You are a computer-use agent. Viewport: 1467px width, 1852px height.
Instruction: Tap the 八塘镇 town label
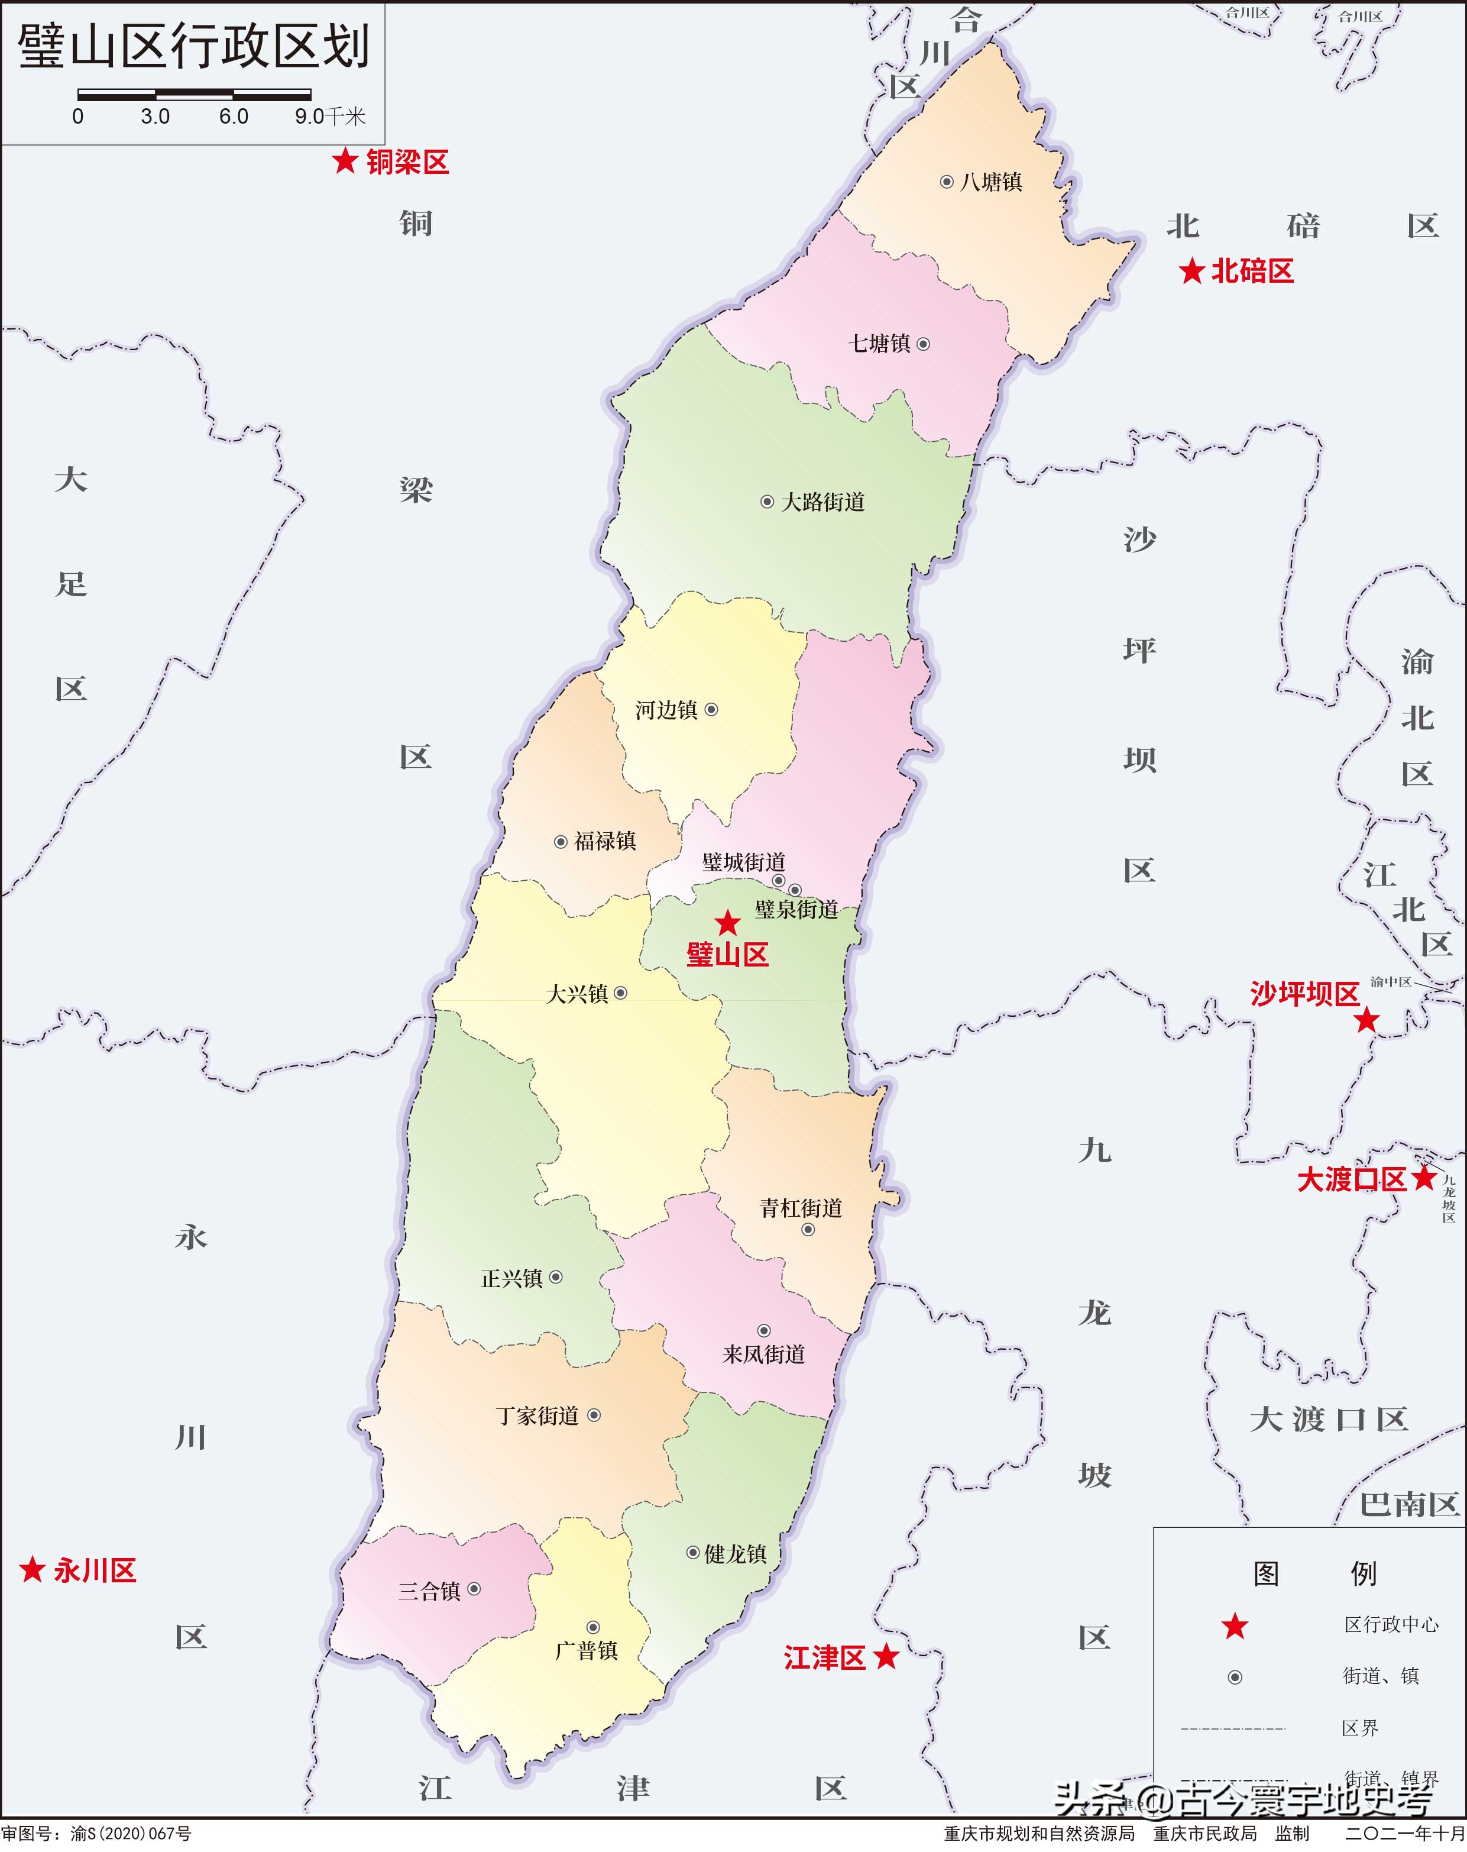[991, 183]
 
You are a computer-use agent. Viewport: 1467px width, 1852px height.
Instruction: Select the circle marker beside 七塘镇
[924, 344]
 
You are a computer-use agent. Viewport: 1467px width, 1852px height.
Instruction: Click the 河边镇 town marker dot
[711, 710]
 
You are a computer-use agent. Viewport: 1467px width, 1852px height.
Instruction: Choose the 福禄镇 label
[605, 842]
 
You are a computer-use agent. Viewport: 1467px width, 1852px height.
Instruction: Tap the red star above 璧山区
[727, 923]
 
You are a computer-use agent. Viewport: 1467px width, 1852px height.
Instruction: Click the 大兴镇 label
[577, 994]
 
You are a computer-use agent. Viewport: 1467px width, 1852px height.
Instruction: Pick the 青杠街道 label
[801, 1208]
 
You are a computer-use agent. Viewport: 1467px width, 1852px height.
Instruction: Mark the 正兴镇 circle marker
[556, 1277]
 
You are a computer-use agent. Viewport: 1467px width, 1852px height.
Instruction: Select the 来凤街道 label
[763, 1355]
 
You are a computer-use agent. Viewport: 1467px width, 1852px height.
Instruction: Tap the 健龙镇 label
[735, 1554]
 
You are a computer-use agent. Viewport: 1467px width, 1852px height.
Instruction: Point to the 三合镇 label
[429, 1592]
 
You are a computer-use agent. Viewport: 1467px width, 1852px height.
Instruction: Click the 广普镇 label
[586, 1651]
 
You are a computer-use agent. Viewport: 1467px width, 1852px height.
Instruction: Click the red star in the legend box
[1235, 1626]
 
